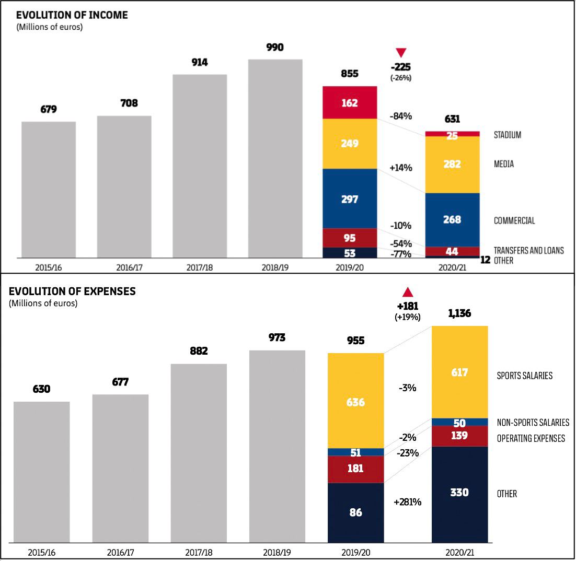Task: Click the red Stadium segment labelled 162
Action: (x=350, y=102)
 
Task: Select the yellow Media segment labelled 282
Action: (x=452, y=164)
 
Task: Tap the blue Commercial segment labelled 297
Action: (x=350, y=198)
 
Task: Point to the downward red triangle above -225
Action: (x=401, y=52)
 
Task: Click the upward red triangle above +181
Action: (x=408, y=293)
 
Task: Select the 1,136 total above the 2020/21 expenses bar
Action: (x=459, y=314)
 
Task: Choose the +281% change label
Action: (x=407, y=502)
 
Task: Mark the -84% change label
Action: (x=401, y=116)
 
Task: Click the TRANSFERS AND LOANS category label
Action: (x=528, y=250)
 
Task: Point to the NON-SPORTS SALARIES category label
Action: (x=533, y=422)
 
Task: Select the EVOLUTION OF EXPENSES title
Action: (x=72, y=291)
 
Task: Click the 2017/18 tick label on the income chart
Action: (x=199, y=267)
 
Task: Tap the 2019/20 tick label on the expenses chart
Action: (x=355, y=552)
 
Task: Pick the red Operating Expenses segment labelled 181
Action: (x=355, y=469)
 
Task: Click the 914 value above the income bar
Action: (x=200, y=63)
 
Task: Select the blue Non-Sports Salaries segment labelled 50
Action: (x=459, y=422)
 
